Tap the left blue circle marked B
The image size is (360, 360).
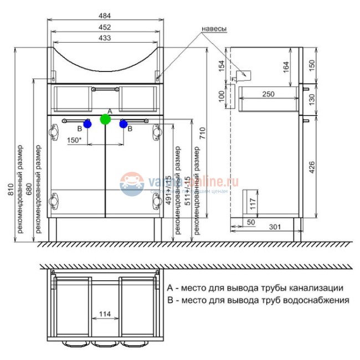coord(87,124)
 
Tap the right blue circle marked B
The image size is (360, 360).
coord(124,124)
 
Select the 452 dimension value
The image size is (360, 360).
coord(105,27)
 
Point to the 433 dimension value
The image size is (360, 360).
coord(105,38)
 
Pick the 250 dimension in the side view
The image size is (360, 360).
coord(268,94)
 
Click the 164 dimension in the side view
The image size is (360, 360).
coord(286,66)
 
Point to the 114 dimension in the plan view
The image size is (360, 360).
coord(105,315)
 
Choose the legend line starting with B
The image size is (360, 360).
coord(258,300)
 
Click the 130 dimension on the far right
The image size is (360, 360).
coord(311,100)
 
